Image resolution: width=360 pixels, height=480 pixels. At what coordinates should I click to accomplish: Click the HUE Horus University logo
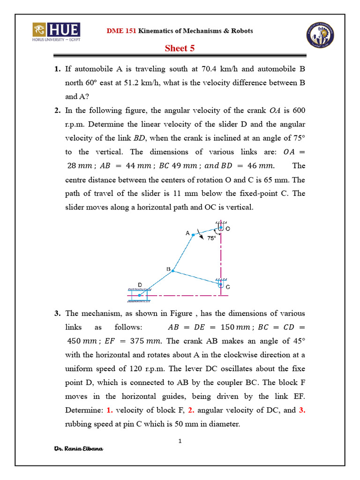pyautogui.click(x=56, y=32)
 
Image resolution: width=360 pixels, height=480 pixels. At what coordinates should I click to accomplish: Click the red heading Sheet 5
pyautogui.click(x=180, y=48)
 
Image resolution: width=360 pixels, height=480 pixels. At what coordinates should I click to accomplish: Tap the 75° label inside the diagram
pyautogui.click(x=211, y=238)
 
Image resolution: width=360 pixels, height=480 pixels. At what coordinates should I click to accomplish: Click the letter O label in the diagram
pyautogui.click(x=228, y=229)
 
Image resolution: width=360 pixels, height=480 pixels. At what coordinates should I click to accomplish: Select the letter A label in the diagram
pyautogui.click(x=187, y=232)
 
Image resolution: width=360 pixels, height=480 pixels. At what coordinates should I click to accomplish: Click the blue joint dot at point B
pyautogui.click(x=173, y=270)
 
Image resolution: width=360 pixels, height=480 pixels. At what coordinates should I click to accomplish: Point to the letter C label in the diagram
pyautogui.click(x=228, y=287)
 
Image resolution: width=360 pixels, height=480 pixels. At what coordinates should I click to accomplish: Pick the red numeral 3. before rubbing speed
pyautogui.click(x=302, y=410)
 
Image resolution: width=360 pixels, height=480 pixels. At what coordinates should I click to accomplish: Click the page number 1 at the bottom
pyautogui.click(x=180, y=441)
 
